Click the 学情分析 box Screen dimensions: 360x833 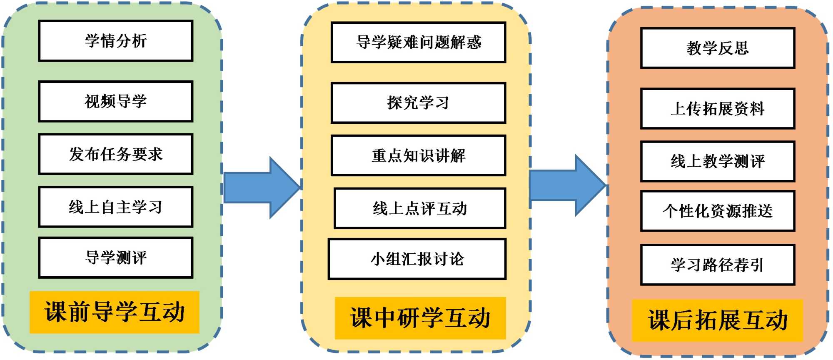coord(116,41)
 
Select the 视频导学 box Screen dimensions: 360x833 coord(116,101)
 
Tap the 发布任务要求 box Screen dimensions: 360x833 coord(116,154)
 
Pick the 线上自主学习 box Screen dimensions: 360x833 coord(116,207)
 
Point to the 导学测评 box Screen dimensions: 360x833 coord(116,257)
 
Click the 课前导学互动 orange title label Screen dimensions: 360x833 coord(115,312)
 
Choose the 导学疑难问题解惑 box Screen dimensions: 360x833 coord(419,42)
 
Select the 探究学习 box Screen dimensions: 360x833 coord(419,103)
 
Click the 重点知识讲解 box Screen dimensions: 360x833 coord(419,155)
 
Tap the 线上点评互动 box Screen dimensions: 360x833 coord(420,208)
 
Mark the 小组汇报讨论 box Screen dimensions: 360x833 coord(417,259)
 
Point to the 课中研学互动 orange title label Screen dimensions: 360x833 coord(420,318)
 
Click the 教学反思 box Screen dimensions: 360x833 coord(718,48)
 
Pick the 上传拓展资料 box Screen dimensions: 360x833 coord(718,108)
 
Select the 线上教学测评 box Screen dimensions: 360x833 coord(718,161)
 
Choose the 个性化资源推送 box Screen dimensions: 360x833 coord(718,211)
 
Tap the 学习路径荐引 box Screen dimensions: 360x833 coord(718,265)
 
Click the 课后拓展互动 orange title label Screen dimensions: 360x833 coord(717,320)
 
